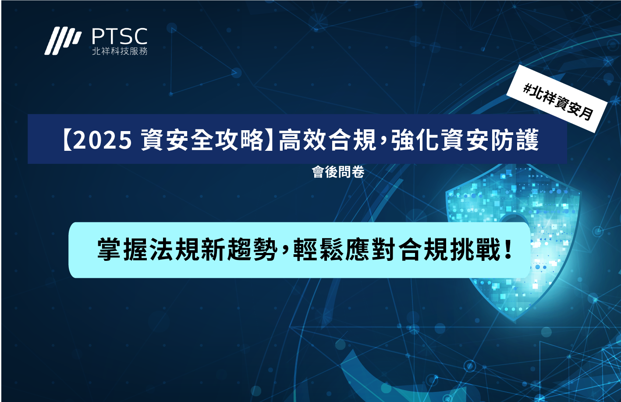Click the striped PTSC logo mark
click(x=63, y=41)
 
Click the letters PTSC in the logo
click(x=120, y=36)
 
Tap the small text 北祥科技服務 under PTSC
click(x=120, y=51)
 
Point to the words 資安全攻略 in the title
click(x=202, y=140)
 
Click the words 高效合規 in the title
click(x=327, y=140)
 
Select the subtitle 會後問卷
click(x=338, y=172)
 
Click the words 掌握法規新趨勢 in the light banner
click(x=188, y=249)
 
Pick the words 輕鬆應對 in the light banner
click(x=345, y=249)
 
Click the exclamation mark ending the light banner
click(x=508, y=249)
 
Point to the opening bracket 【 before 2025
click(x=67, y=140)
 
